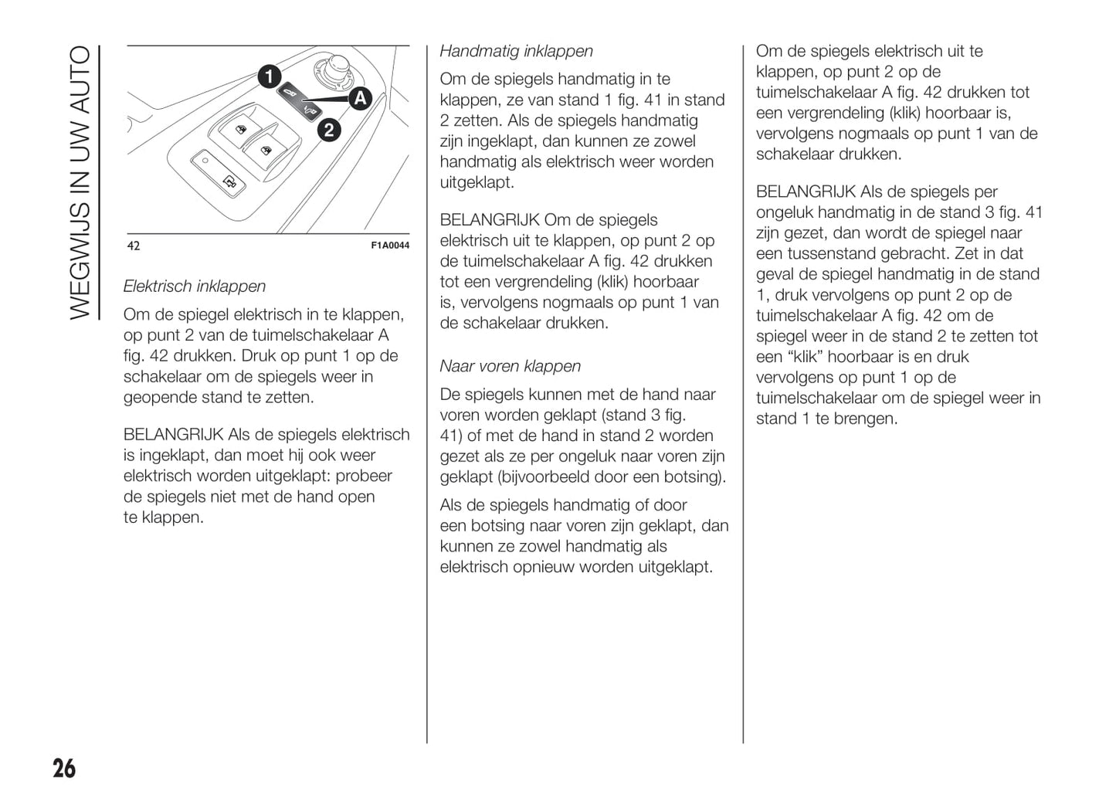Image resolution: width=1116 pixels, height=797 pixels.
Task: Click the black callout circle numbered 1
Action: point(269,77)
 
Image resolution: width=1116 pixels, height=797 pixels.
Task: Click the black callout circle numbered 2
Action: point(328,129)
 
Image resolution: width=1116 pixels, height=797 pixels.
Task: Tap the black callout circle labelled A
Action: point(360,99)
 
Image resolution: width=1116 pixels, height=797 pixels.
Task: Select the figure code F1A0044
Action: point(390,246)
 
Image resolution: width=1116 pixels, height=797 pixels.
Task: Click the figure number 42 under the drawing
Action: point(134,246)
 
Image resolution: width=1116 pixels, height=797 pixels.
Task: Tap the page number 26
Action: point(64,768)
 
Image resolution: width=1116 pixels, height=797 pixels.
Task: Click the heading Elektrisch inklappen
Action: point(195,287)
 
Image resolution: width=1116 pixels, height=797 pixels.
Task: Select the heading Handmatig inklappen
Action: point(516,51)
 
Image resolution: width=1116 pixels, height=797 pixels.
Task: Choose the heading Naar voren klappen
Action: point(510,366)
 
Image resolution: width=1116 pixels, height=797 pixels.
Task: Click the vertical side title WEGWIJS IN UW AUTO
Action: point(80,182)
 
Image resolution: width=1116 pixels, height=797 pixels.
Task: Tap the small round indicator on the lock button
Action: point(205,161)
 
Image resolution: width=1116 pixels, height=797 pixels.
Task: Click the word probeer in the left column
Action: point(364,476)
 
